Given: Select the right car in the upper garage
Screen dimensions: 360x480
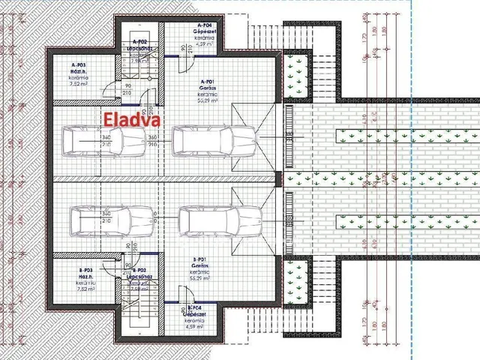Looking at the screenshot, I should pyautogui.click(x=214, y=139).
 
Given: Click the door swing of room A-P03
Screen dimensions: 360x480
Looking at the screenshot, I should pyautogui.click(x=111, y=94).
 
